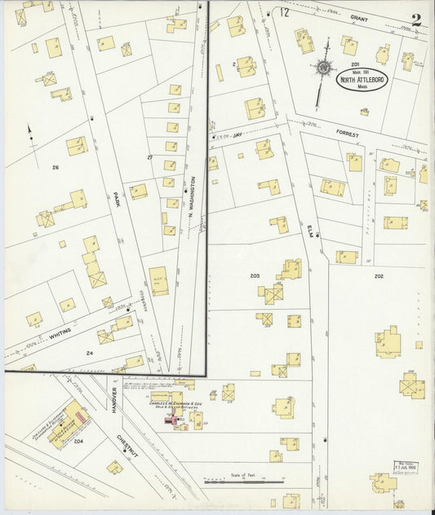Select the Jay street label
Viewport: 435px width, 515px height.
coord(237,134)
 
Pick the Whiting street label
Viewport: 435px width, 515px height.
coord(60,332)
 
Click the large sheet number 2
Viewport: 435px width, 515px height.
coord(416,20)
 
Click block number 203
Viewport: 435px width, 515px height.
coord(255,276)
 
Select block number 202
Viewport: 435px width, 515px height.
coord(379,276)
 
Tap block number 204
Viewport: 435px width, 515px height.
coord(78,441)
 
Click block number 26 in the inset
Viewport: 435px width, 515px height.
coord(55,168)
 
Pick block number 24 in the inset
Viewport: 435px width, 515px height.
coord(91,353)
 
